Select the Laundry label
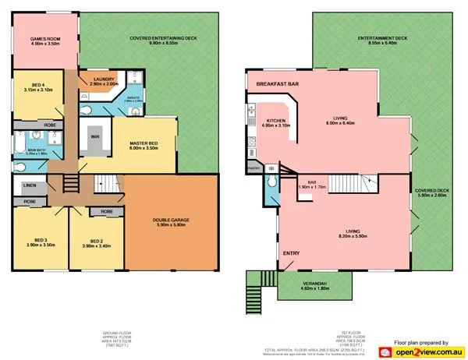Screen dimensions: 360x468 105,80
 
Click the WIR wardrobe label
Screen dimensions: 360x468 95,136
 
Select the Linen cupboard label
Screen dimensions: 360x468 30,185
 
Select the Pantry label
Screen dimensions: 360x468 253,168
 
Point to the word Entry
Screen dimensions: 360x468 291,252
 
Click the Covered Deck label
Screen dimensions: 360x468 431,192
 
